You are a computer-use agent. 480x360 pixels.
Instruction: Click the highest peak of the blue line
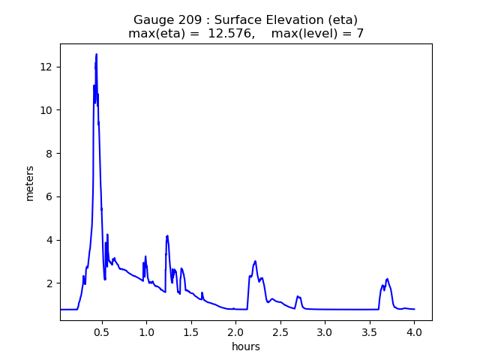point(97,54)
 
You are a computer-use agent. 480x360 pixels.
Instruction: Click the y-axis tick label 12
point(46,67)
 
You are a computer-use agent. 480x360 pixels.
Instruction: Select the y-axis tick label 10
point(46,110)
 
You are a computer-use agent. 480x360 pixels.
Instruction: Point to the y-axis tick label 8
point(49,154)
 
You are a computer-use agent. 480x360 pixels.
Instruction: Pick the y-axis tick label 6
point(49,196)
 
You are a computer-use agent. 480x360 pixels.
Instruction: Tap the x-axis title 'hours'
point(246,346)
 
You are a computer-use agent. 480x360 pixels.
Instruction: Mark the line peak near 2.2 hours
point(256,261)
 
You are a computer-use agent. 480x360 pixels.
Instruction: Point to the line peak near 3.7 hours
point(387,279)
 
